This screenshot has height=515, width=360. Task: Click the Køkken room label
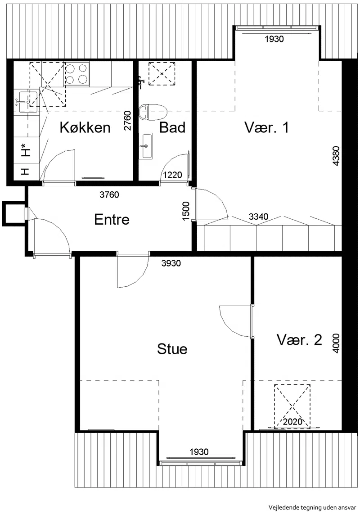click(x=85, y=127)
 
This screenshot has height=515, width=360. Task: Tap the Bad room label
click(x=172, y=127)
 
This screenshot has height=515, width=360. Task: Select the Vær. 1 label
click(x=266, y=127)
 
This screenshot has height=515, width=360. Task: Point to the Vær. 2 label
click(x=299, y=339)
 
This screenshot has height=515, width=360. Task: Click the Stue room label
click(x=172, y=349)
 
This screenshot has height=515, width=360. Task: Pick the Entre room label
click(x=112, y=219)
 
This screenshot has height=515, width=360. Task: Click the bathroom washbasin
click(x=146, y=146)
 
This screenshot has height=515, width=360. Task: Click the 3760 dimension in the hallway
click(x=109, y=195)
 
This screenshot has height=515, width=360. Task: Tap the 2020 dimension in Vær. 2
click(x=292, y=421)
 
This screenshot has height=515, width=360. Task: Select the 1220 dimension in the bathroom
click(x=173, y=175)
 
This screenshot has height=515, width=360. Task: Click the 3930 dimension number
click(x=171, y=263)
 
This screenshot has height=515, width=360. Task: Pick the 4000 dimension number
click(x=336, y=343)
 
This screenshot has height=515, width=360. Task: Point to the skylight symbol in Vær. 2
click(x=292, y=407)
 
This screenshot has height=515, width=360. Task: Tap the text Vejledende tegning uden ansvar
click(x=312, y=507)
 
